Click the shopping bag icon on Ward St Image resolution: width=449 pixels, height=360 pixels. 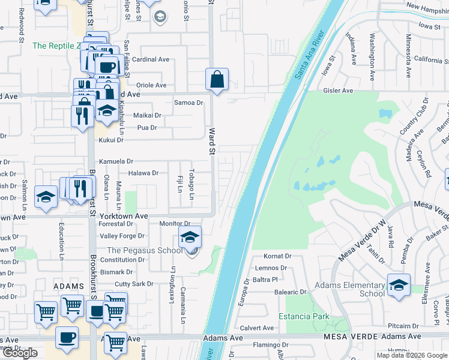217,79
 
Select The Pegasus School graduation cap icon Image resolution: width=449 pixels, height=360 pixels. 190,237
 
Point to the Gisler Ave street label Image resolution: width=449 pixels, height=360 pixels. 339,91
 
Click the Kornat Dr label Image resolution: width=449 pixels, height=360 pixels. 277,256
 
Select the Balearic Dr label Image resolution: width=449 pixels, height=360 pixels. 291,292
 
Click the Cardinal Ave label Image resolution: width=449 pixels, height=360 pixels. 151,59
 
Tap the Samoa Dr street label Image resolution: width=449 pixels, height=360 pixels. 188,103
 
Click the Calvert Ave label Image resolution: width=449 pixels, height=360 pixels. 257,328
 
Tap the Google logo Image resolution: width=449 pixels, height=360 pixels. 20,353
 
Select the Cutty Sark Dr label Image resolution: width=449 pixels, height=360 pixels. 134,284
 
